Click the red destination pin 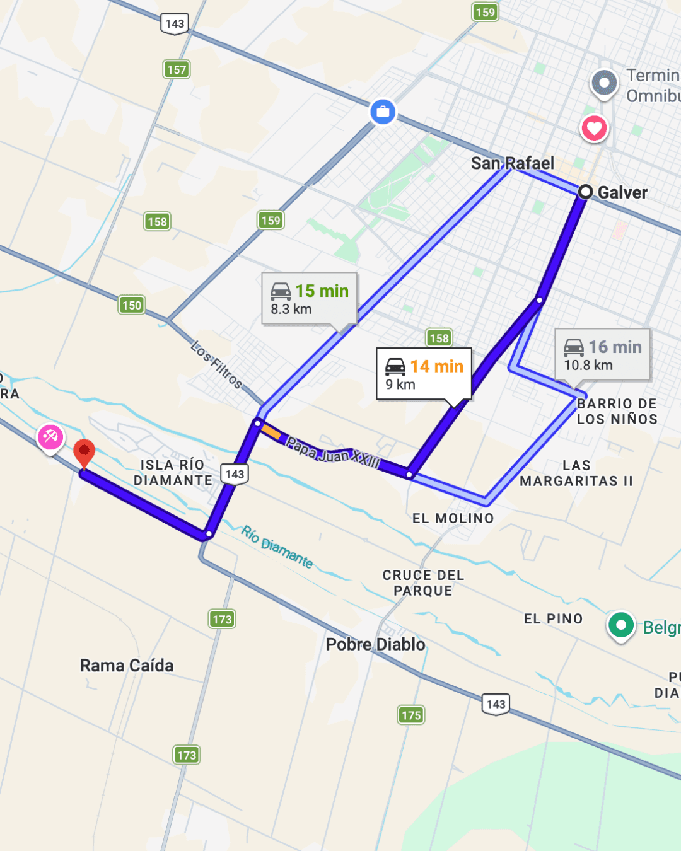84,452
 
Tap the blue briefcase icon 383,112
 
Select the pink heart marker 594,128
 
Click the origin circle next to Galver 585,192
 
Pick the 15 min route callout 309,299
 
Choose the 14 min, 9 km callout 424,374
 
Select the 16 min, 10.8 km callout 602,355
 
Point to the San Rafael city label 512,163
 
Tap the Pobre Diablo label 375,644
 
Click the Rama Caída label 127,666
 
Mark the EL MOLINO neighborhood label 453,519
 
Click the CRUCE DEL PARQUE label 423,583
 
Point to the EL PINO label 553,619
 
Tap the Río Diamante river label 277,547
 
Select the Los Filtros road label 216,364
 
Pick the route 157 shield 177,69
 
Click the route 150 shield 132,306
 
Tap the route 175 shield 411,715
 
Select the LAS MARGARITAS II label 576,473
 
